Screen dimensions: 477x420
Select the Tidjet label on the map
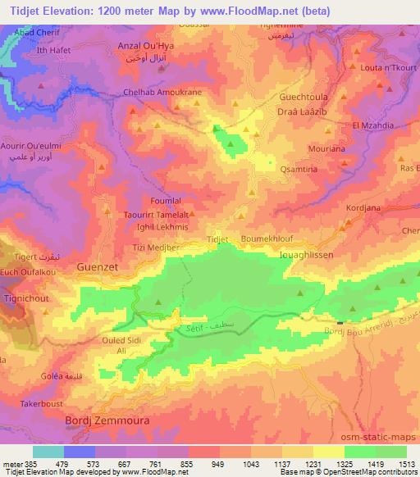tap(217, 238)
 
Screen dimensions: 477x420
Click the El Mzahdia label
tap(373, 125)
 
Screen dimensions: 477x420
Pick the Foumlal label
tap(167, 198)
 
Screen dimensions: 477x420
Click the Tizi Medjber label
tap(156, 245)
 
